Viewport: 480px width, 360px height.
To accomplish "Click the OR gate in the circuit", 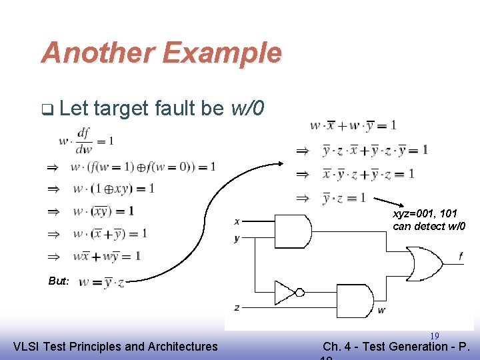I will (426, 265).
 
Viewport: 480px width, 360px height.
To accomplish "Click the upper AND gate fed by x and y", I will (292, 231).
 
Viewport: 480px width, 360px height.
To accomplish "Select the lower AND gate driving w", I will (355, 301).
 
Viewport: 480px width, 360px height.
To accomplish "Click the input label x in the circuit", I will (237, 221).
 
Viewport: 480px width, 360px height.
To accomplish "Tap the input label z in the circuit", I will (237, 307).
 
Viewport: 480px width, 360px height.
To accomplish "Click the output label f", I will (460, 256).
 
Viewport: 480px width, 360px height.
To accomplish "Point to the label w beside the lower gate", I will (381, 311).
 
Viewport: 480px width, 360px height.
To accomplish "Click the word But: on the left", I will (59, 281).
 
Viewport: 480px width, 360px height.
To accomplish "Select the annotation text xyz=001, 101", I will (425, 214).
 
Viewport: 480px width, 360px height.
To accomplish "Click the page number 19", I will (434, 336).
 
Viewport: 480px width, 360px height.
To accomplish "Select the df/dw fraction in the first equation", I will (83, 141).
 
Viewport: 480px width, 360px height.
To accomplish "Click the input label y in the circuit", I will (237, 239).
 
